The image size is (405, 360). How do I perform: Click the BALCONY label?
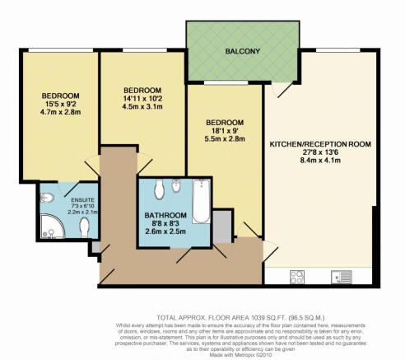[x=243, y=51]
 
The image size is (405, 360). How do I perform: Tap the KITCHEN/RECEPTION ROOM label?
[x=320, y=144]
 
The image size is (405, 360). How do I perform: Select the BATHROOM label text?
[x=165, y=215]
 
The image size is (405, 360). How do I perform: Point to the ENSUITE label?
[x=82, y=200]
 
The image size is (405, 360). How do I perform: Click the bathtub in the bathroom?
[x=201, y=201]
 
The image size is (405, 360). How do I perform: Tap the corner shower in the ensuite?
[x=52, y=227]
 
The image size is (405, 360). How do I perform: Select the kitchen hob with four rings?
[x=297, y=277]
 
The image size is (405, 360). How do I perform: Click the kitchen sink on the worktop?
[x=342, y=277]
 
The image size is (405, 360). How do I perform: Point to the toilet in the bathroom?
[x=159, y=189]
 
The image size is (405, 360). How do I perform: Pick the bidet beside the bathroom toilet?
[x=176, y=186]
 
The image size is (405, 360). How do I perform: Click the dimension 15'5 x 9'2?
[x=60, y=104]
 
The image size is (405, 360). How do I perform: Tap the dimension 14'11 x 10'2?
[x=142, y=98]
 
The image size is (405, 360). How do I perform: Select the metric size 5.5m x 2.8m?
[x=225, y=139]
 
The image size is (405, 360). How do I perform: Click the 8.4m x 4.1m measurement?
[x=320, y=161]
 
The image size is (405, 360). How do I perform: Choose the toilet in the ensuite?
[x=84, y=227]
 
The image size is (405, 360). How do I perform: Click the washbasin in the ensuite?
[x=47, y=198]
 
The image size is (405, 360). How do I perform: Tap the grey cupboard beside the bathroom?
[x=222, y=227]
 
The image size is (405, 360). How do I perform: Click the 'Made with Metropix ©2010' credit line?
[x=240, y=354]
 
